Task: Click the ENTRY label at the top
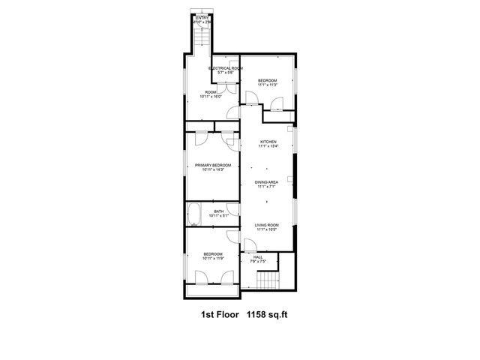coord(202,17)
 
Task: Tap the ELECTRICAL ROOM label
coord(226,68)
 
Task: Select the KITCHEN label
coord(268,142)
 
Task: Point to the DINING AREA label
coord(268,182)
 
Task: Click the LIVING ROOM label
coord(266,225)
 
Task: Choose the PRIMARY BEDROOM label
coord(213,165)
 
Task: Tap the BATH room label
coord(218,211)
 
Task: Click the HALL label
coord(257,257)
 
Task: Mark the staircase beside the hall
coord(267,281)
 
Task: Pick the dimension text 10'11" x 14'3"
coord(213,170)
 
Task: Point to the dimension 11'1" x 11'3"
coord(268,85)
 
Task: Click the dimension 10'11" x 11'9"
coord(213,259)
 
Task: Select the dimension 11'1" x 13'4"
coord(268,147)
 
